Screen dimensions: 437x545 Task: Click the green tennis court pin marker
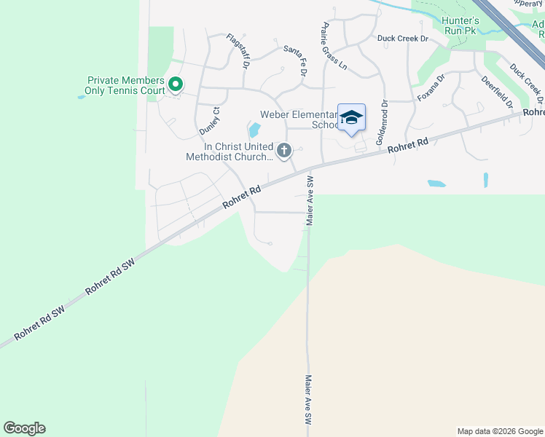point(176,85)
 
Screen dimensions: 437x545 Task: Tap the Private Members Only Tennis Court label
point(126,86)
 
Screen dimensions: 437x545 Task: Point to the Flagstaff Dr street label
point(238,51)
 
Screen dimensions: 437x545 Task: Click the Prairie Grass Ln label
point(332,46)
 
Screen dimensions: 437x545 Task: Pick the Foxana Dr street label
point(431,88)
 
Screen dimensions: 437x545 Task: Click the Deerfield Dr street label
point(498,91)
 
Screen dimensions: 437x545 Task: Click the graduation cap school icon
point(351,117)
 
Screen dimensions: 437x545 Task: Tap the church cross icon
point(284,151)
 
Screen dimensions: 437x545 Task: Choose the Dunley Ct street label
point(209,120)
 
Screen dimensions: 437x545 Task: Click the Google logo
point(24,428)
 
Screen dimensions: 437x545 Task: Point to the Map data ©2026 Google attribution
point(499,431)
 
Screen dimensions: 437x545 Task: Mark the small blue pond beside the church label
point(254,131)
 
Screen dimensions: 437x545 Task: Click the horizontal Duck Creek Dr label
point(402,38)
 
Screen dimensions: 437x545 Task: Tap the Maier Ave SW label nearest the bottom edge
point(308,401)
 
